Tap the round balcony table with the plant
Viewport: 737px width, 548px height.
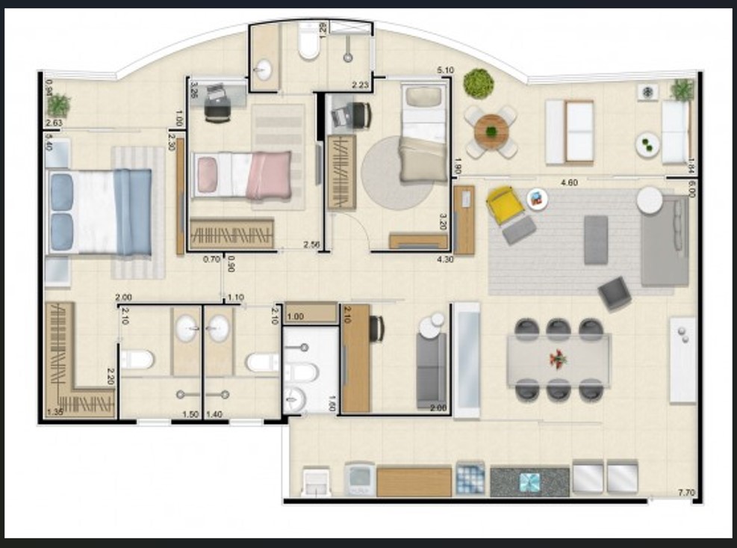(491, 132)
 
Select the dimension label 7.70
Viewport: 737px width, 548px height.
(687, 492)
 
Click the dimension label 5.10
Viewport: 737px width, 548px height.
(445, 71)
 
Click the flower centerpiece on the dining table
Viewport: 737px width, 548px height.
(557, 359)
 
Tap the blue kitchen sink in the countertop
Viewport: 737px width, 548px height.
(530, 482)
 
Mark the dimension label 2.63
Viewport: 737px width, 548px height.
(54, 123)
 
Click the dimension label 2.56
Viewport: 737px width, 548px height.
(311, 244)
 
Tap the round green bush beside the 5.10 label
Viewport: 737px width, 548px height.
(478, 83)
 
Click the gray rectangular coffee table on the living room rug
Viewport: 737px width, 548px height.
(595, 239)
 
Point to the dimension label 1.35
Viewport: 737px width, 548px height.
(55, 412)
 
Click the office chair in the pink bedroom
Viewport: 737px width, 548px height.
(217, 105)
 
